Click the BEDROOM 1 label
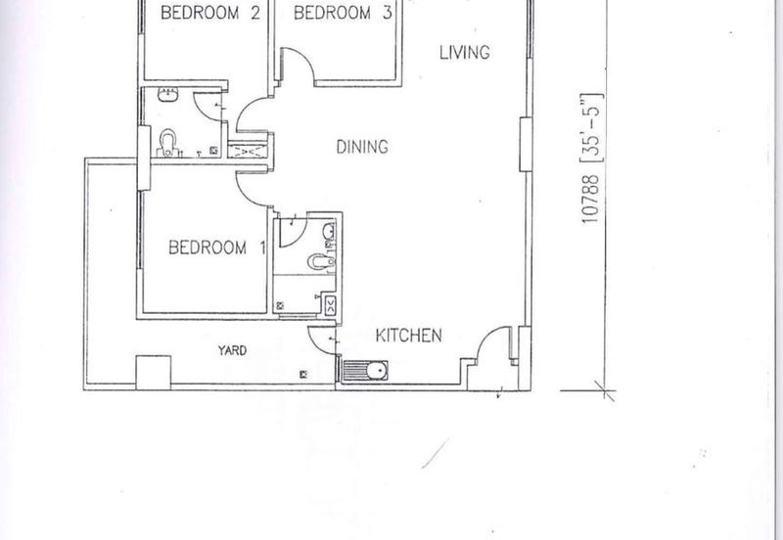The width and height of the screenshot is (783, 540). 216,247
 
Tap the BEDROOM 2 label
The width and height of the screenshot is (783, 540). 210,13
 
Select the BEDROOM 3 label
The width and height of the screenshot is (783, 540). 343,13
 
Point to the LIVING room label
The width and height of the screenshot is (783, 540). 464,53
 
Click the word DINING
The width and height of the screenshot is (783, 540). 362,147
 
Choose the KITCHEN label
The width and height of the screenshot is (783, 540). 408,336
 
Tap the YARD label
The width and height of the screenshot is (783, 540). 232,350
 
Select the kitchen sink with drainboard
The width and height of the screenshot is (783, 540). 365,371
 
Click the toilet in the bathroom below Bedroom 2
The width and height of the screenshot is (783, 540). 167,143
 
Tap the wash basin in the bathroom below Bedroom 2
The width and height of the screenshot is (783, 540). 168,95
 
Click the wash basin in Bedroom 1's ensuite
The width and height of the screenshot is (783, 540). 329,232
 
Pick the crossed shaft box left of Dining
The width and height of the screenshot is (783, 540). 249,151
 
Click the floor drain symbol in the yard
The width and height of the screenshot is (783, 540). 303,375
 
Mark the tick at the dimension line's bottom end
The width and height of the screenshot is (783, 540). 605,390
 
